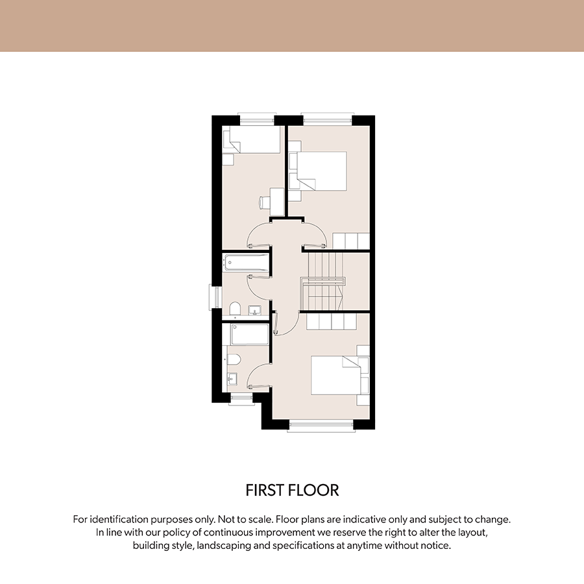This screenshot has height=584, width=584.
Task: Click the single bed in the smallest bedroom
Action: coord(252,140)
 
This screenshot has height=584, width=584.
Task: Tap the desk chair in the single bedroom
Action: coord(263,202)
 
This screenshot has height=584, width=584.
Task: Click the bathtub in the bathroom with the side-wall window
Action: coord(245,263)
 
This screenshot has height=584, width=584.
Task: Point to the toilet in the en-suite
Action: coord(233,359)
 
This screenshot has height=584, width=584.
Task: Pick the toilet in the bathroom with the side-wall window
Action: coord(235,308)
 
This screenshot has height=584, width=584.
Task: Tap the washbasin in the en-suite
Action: coord(232,379)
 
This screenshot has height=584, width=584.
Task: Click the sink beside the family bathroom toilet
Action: coord(255,310)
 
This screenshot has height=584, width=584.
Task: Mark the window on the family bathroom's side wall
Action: coord(215,297)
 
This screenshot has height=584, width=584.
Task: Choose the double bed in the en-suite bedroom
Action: coord(336,375)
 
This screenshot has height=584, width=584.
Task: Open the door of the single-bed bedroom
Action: coord(259,234)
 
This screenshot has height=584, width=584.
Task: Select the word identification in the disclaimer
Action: coord(119,519)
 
